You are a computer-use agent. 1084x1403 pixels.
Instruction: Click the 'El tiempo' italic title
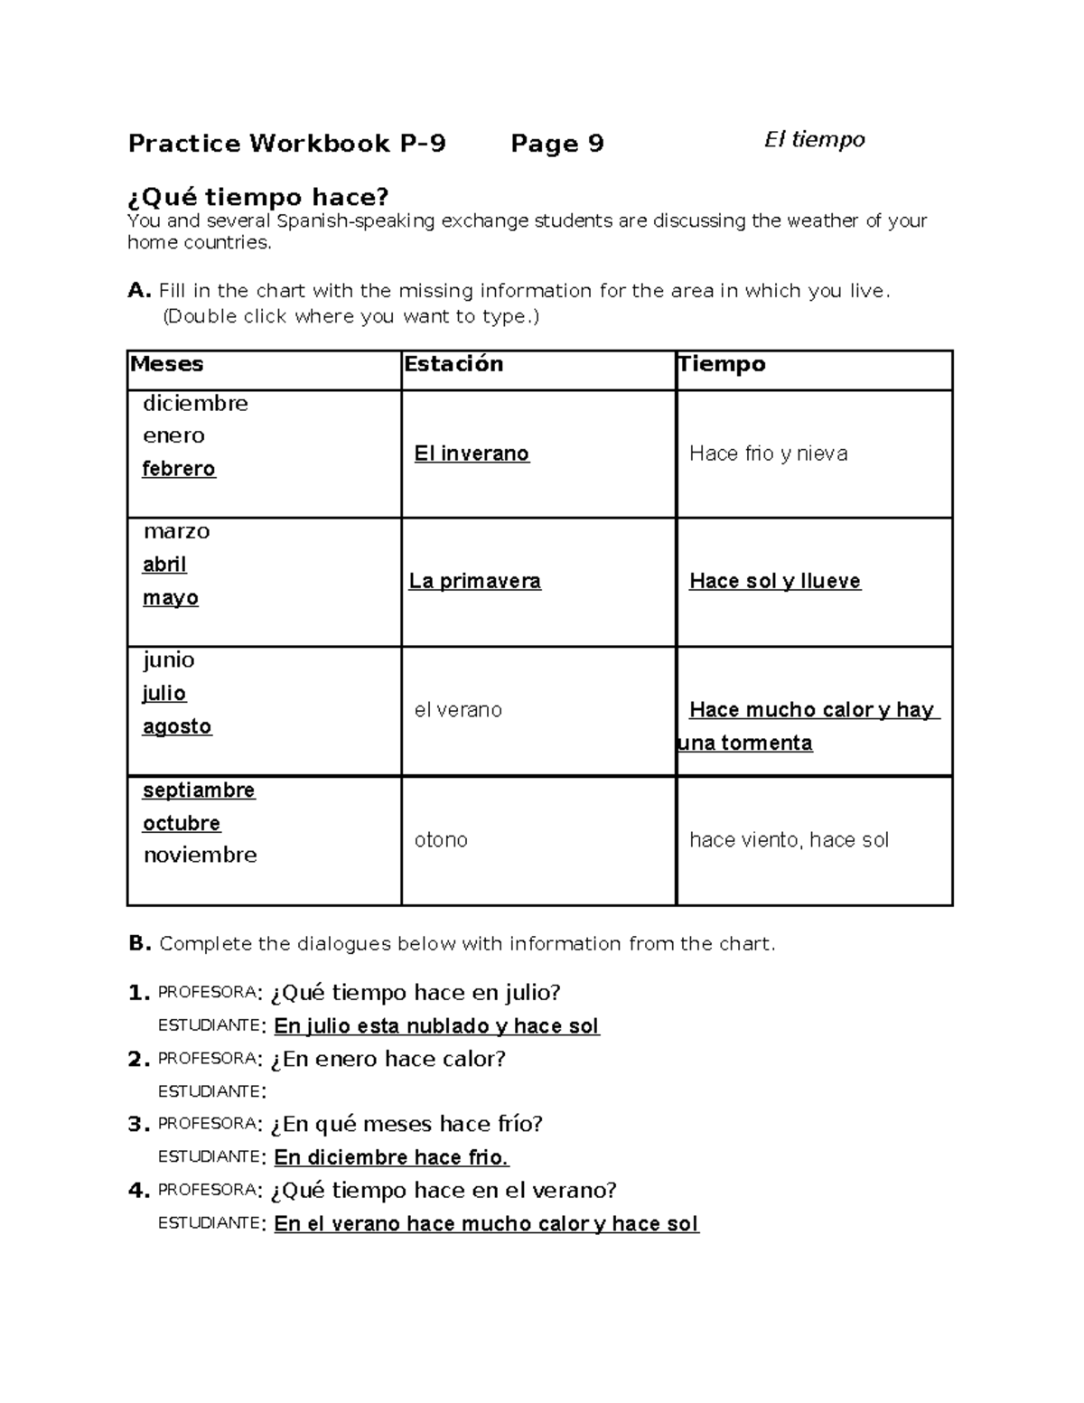pyautogui.click(x=814, y=140)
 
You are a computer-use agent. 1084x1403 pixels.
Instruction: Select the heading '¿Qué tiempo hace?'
pyautogui.click(x=258, y=196)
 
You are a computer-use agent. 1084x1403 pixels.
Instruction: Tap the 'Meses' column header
pyautogui.click(x=167, y=364)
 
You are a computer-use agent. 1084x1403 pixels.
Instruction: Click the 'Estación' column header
pyautogui.click(x=453, y=364)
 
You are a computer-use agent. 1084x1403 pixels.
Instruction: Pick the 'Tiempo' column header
pyautogui.click(x=722, y=364)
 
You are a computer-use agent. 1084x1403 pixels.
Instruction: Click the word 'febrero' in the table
pyautogui.click(x=179, y=469)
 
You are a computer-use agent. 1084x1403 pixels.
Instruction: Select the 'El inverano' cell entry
pyautogui.click(x=472, y=454)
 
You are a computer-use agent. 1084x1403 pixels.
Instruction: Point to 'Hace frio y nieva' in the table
pyautogui.click(x=768, y=454)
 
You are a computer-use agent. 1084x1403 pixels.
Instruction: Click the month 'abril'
pyautogui.click(x=164, y=565)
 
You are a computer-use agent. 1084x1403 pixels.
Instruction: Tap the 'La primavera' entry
pyautogui.click(x=475, y=581)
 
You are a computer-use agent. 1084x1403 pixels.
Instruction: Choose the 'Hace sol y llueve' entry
pyautogui.click(x=775, y=581)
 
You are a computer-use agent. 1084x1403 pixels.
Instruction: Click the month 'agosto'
pyautogui.click(x=177, y=726)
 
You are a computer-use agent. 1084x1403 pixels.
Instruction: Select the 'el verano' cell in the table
pyautogui.click(x=458, y=710)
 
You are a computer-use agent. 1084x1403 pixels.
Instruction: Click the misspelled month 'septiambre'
pyautogui.click(x=199, y=790)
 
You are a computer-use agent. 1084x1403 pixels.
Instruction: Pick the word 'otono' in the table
pyautogui.click(x=441, y=840)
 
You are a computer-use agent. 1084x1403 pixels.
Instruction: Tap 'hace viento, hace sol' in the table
pyautogui.click(x=789, y=840)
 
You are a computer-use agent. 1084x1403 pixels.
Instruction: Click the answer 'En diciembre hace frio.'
pyautogui.click(x=391, y=1157)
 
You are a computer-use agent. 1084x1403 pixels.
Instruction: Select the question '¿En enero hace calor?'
pyautogui.click(x=388, y=1059)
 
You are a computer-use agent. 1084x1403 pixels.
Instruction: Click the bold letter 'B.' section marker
pyautogui.click(x=139, y=944)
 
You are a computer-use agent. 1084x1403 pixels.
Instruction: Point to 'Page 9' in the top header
pyautogui.click(x=557, y=144)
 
